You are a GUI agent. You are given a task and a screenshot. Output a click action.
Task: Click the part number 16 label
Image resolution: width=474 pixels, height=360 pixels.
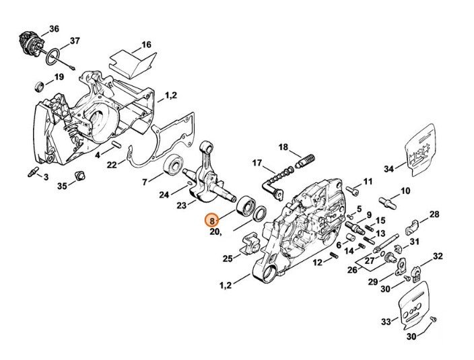coord(145,46)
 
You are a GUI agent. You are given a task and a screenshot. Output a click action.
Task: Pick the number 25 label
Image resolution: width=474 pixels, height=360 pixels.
coord(227,258)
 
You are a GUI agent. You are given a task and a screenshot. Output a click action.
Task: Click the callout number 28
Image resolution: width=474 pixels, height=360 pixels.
coord(434,215)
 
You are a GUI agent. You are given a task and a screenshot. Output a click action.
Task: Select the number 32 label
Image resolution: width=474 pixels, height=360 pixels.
coord(438,256)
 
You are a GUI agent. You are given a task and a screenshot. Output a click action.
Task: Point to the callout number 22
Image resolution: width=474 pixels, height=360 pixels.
coord(112,164)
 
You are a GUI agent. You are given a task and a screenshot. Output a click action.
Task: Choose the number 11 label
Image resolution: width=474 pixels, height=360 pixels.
coord(368,182)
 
